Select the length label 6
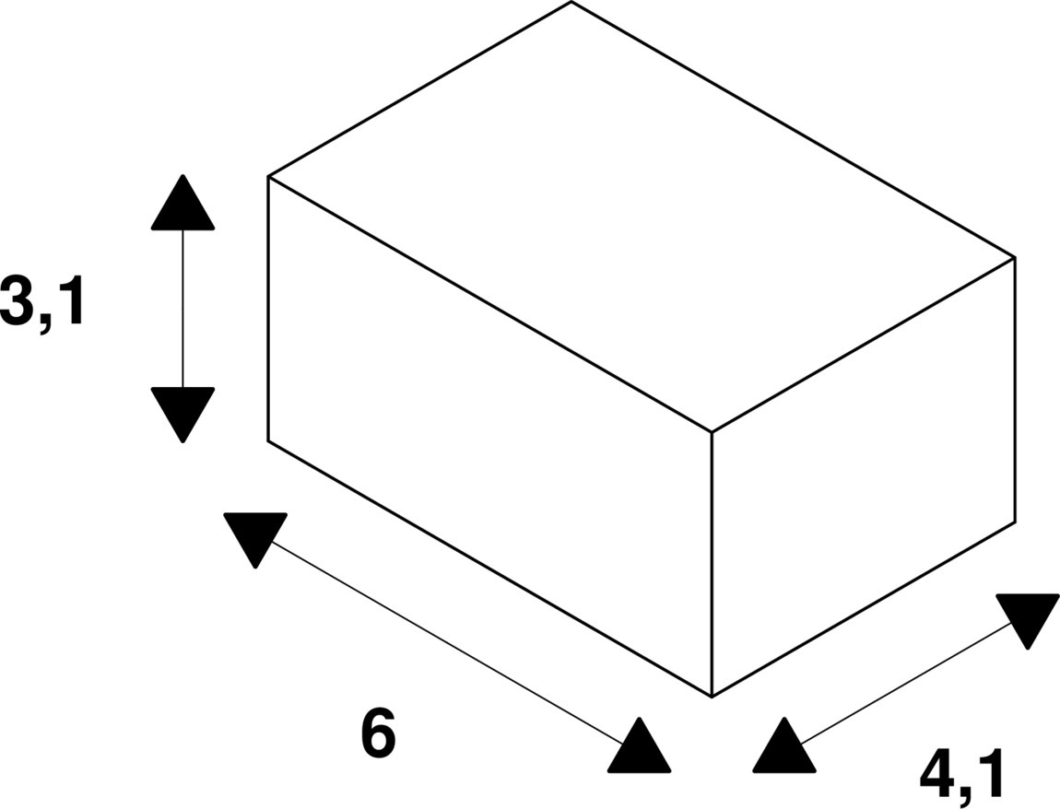[378, 735]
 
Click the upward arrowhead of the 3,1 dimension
[183, 205]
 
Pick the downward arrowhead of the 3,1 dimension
[183, 412]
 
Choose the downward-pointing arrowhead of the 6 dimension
[255, 536]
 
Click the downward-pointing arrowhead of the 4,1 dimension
[1028, 618]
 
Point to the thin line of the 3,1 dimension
[183, 309]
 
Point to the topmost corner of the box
[571, 2]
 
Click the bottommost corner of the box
[712, 697]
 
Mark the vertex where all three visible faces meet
[712, 431]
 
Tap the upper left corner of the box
[268, 176]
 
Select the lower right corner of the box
[1015, 522]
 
